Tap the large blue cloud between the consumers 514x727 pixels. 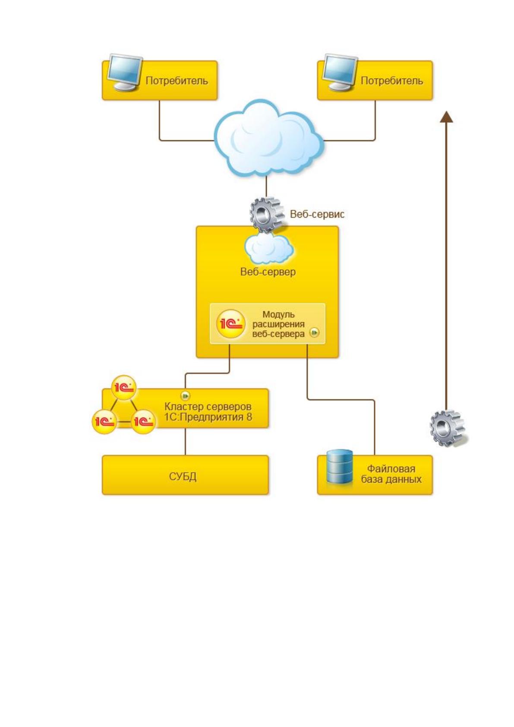point(268,139)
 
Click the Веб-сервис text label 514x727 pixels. point(317,214)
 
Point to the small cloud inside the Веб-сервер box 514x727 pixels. point(269,248)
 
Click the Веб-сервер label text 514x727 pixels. point(268,272)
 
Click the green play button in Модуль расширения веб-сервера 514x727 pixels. point(314,333)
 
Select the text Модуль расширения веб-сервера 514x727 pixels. point(278,324)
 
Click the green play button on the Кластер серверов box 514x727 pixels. point(185,396)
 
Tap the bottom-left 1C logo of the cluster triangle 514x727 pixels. point(104,421)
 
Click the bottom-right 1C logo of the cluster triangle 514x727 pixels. point(143,421)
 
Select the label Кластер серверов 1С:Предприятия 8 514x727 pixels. point(208,411)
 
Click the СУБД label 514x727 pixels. point(183,477)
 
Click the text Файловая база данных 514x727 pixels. point(391,474)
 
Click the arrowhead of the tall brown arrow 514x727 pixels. point(447,117)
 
